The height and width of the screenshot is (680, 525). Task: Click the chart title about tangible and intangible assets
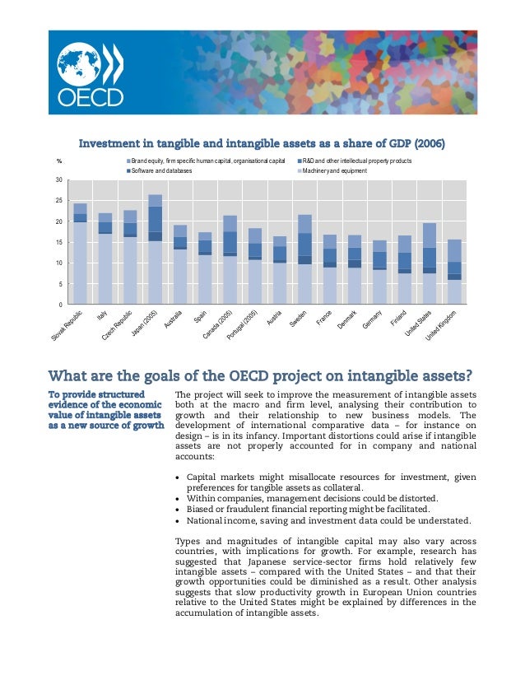point(262,143)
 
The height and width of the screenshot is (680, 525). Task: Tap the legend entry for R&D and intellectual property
point(355,161)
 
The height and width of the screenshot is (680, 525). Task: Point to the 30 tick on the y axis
point(58,179)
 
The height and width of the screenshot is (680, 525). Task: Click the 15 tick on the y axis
point(58,243)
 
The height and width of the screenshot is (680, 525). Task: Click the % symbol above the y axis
point(58,161)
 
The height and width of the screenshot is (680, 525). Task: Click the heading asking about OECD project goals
point(261,377)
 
